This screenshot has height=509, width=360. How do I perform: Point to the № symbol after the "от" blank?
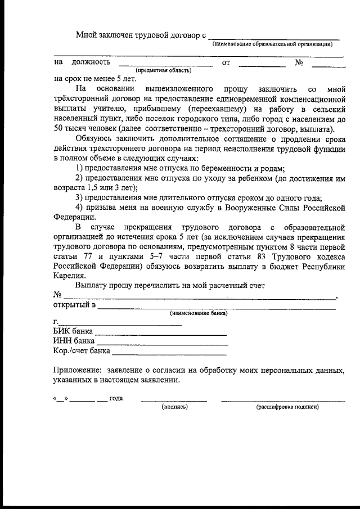coord(299,62)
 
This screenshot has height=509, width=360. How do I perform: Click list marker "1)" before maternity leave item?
coord(79,169)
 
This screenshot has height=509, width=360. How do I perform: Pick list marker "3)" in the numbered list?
coord(79,198)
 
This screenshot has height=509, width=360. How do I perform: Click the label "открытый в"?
coord(74,305)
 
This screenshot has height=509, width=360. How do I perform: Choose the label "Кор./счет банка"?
coord(81,351)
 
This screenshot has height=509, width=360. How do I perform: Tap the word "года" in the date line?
coord(116,398)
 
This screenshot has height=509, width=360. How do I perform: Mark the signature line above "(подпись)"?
coord(174,401)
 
